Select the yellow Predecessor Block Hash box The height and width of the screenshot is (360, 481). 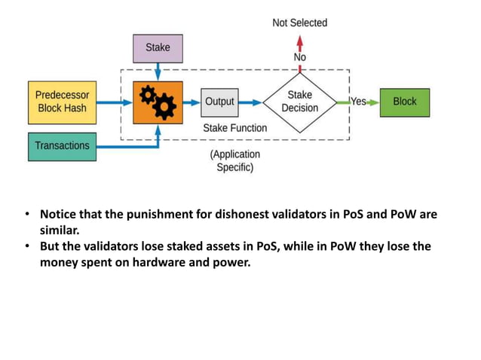coord(61,102)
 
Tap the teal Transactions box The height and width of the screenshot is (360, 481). coord(62,146)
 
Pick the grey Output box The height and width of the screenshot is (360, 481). coord(219,102)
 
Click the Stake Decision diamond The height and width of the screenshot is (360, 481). coord(299,102)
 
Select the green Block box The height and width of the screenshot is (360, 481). coord(404,102)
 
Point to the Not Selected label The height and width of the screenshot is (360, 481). coord(299,23)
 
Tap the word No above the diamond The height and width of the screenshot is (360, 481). coord(299,57)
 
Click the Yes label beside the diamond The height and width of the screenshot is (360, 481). coord(358,102)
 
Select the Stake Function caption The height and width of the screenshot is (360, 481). coord(234,128)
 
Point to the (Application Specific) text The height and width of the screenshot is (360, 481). coord(234,160)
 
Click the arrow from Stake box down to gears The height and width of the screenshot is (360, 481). coord(158,70)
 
